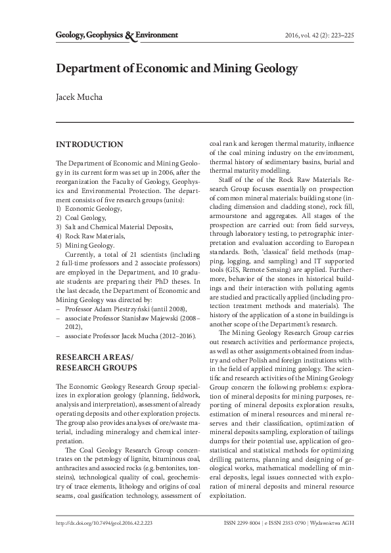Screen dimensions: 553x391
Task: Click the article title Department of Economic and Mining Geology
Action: coord(177,68)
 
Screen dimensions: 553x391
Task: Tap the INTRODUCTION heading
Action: coord(89,144)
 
